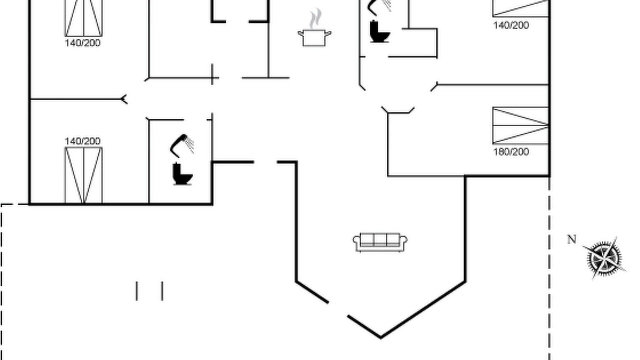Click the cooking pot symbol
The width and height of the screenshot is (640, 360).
(314, 37)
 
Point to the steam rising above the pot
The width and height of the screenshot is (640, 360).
(315, 18)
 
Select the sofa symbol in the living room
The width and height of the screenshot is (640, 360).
(380, 242)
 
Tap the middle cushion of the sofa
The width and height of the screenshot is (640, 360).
(380, 239)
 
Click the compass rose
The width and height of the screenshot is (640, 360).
(604, 258)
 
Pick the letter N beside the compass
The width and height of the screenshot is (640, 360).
(571, 239)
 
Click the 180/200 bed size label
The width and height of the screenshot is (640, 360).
(511, 152)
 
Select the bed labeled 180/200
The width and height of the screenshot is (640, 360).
(521, 125)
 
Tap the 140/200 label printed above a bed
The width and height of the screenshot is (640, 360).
(83, 141)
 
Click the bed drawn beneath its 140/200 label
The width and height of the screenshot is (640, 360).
(83, 175)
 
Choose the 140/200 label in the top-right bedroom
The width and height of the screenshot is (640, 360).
(511, 25)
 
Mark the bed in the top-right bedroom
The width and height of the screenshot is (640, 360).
(521, 8)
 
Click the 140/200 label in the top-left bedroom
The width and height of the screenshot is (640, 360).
(83, 43)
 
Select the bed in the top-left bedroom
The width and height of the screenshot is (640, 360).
(83, 18)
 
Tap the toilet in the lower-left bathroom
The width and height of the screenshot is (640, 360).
(183, 174)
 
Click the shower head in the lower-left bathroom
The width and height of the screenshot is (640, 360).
(182, 145)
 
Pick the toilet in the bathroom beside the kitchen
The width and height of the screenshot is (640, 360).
(379, 31)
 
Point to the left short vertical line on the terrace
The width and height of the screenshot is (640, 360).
(137, 291)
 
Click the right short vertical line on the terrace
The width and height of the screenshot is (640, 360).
(162, 291)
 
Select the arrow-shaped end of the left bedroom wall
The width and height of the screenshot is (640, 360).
(124, 99)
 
